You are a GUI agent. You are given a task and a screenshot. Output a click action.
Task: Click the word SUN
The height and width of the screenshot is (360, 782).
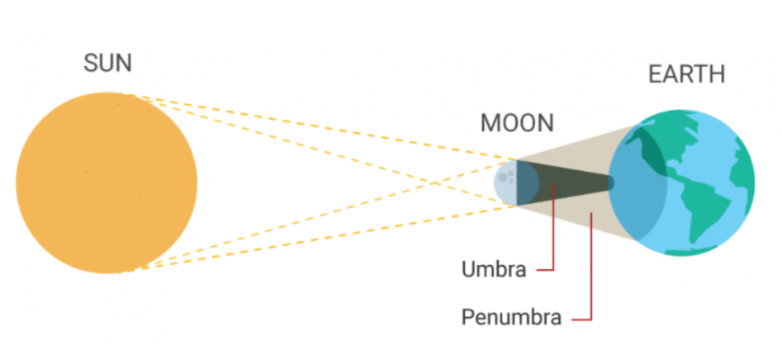107,64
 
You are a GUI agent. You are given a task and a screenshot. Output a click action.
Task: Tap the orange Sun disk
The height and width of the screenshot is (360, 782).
107,182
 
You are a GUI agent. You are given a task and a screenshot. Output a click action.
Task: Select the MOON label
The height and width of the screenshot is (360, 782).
517,124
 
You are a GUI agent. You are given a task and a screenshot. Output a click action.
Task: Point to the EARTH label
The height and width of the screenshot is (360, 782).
686,74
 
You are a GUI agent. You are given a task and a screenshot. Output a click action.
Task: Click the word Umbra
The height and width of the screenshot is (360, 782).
493,270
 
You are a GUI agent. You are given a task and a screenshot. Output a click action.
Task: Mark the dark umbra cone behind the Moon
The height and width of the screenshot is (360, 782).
562,182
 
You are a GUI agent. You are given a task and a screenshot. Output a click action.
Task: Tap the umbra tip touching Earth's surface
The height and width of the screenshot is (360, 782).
612,182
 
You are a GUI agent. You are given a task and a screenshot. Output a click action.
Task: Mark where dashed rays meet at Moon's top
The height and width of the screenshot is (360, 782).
517,159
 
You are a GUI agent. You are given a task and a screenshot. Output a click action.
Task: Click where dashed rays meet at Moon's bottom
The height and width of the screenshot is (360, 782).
517,206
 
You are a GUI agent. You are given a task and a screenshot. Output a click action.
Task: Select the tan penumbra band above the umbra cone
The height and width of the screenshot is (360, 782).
578,153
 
